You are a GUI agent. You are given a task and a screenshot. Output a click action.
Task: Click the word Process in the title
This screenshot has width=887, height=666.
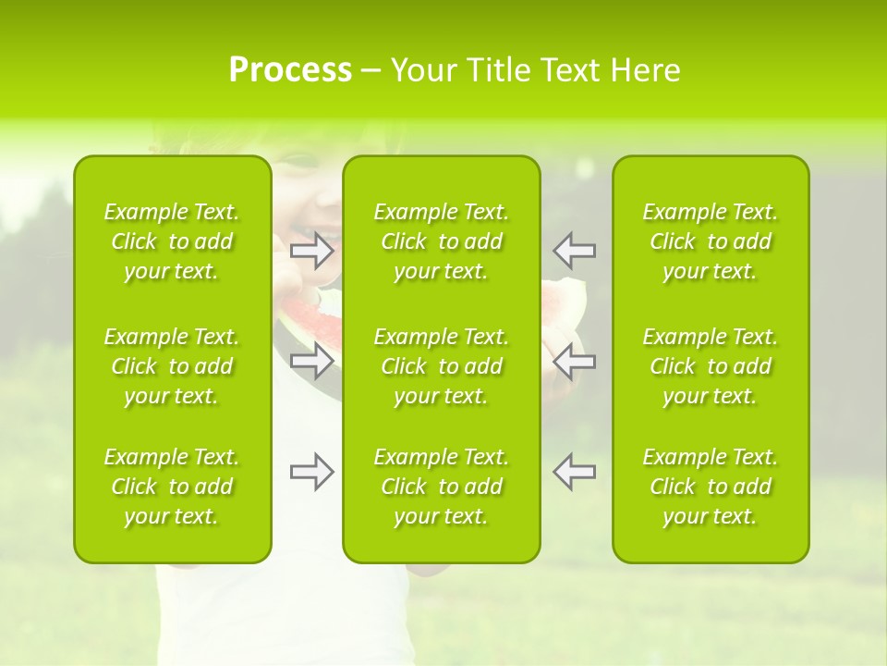click(290, 69)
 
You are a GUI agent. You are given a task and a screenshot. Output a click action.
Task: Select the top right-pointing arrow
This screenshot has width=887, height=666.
click(311, 250)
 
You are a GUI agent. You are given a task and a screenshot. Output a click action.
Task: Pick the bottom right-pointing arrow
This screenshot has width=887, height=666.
click(311, 472)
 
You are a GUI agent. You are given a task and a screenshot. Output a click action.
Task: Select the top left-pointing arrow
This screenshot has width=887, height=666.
click(575, 250)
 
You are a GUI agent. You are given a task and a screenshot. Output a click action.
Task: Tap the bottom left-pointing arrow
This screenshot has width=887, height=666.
click(575, 472)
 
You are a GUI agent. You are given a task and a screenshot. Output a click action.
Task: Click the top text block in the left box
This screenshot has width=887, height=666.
click(172, 241)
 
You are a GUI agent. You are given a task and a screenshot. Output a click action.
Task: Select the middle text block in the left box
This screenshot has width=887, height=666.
click(172, 366)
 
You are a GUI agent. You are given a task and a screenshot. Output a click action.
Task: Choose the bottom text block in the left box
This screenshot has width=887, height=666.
click(172, 487)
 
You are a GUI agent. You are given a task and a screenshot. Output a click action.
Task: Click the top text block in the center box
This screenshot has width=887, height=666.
click(441, 241)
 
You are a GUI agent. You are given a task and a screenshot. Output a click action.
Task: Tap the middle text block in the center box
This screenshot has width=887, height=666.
click(441, 366)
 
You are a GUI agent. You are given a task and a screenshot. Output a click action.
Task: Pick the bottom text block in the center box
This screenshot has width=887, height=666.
click(441, 487)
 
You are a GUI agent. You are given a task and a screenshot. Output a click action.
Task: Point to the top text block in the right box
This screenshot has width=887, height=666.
click(710, 241)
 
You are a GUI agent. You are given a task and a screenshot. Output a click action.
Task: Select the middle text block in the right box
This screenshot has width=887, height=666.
click(710, 366)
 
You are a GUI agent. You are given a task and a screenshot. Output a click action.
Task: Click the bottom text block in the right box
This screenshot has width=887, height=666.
click(710, 487)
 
